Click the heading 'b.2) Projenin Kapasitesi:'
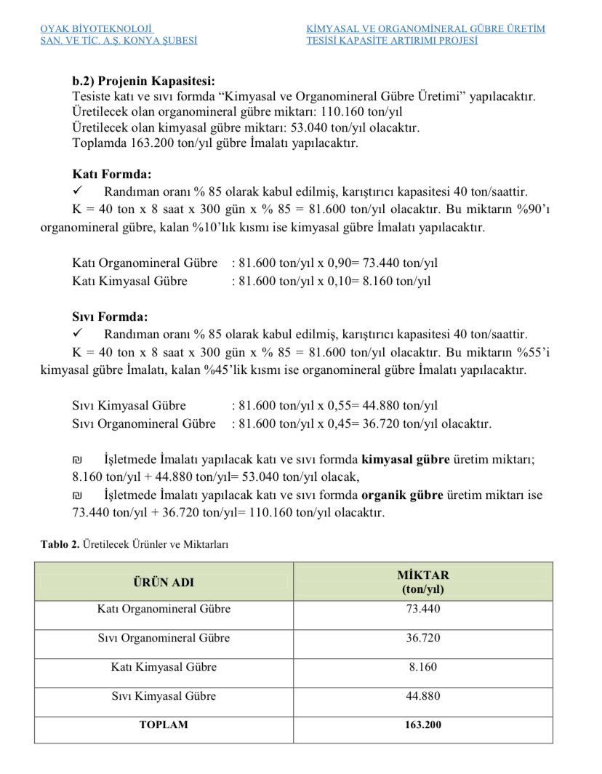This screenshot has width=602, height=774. coord(144,81)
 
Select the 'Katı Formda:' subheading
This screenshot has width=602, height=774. coord(112,175)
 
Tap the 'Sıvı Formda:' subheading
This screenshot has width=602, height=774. coord(110,317)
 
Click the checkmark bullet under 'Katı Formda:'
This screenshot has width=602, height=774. coord(79,192)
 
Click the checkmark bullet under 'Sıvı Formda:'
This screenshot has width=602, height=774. coord(79,335)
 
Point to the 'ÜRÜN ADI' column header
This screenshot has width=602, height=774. coord(164,582)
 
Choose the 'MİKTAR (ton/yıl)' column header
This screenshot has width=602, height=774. coord(423,582)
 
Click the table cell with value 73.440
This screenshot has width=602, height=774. coord(423,609)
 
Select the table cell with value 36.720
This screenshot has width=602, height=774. coord(423,638)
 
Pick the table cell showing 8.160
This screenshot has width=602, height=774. coord(423,667)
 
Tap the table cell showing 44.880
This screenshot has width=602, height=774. coord(423,696)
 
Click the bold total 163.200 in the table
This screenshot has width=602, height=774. coord(423,725)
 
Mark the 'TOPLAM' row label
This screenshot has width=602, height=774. coord(164,725)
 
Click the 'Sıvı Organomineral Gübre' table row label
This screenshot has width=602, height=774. coord(164,638)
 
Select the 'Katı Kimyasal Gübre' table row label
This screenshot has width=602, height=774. coord(164,667)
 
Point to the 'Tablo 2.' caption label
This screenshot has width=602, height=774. coord(60,544)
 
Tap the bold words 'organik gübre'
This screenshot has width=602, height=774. coord(402,495)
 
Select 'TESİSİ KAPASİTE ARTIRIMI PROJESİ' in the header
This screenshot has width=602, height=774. coord(393,41)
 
